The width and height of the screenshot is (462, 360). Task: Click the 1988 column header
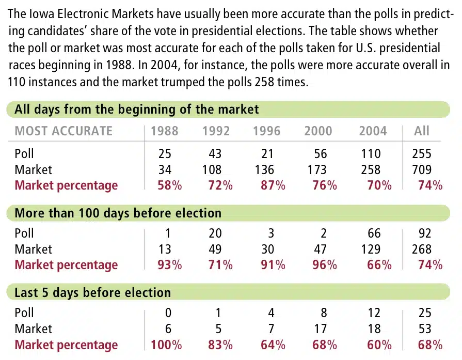coord(164,131)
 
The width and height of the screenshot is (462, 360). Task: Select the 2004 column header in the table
coord(373,131)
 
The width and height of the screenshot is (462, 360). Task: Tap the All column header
coord(421,131)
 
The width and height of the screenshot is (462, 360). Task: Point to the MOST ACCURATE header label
coord(63,131)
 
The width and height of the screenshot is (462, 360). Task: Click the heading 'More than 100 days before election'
coord(118,213)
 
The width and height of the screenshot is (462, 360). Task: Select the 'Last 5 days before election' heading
coord(92,292)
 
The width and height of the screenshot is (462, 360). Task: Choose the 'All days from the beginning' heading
coord(136,109)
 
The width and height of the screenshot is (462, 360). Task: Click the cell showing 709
coord(421,169)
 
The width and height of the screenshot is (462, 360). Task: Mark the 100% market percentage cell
coord(166,345)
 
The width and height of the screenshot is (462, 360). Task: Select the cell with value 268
coord(421,249)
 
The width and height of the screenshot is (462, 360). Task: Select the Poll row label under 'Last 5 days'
coord(24,313)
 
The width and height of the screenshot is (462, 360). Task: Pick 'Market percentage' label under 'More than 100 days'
coord(66,265)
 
